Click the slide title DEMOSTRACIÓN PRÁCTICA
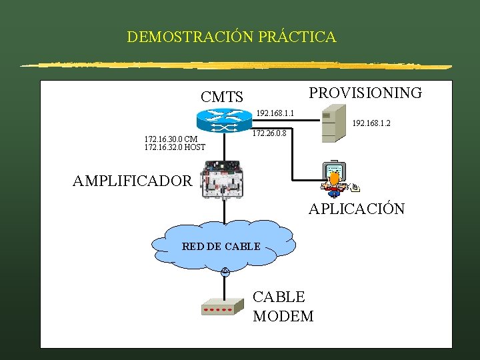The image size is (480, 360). (x=231, y=37)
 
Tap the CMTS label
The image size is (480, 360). (x=222, y=97)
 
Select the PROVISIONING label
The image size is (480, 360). (x=365, y=93)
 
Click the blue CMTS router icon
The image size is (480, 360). (x=224, y=120)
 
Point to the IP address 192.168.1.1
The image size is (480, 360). (x=275, y=112)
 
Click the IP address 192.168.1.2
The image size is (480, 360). (x=371, y=123)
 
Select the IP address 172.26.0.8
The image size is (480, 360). (x=269, y=133)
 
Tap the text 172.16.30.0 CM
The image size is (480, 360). (x=171, y=139)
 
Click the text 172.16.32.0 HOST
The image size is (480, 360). (x=175, y=147)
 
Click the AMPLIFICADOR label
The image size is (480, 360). (x=132, y=181)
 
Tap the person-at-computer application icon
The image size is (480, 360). (x=337, y=178)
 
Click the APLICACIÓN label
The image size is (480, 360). (x=356, y=209)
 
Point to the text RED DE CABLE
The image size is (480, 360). (x=221, y=247)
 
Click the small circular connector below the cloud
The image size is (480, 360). (x=225, y=271)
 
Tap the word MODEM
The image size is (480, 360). (x=283, y=316)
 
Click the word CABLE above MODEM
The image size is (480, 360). (x=279, y=297)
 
